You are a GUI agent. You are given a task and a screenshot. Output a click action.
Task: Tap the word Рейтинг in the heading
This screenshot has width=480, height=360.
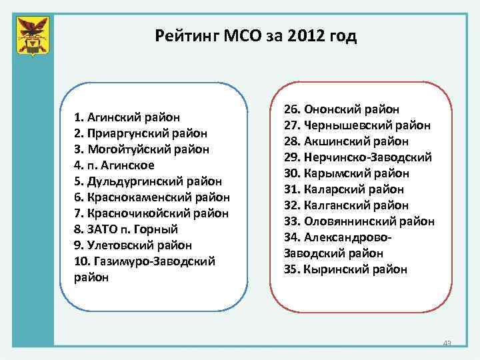(185, 36)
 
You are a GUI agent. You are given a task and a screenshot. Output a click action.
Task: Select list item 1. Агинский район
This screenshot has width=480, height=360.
(127, 117)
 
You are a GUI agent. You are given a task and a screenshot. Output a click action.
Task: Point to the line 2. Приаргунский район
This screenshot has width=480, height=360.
(141, 133)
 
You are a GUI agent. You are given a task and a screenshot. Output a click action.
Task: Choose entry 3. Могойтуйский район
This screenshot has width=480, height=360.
(142, 149)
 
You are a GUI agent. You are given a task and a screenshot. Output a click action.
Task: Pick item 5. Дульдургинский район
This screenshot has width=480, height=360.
(148, 181)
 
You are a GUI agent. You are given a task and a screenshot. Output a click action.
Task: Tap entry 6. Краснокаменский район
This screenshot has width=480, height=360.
(152, 197)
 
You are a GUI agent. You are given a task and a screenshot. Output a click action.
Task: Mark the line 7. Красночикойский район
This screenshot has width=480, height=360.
(153, 213)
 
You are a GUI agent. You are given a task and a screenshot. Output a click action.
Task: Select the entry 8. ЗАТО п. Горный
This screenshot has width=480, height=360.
(126, 229)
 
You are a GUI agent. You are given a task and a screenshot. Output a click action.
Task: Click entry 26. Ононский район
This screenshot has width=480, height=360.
(341, 109)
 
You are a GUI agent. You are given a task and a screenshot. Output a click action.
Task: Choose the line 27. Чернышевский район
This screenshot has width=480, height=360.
(357, 125)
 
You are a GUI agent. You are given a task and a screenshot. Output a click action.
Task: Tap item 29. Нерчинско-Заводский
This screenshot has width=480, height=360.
(358, 157)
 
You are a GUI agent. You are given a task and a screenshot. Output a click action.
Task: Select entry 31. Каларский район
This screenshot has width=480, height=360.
(344, 189)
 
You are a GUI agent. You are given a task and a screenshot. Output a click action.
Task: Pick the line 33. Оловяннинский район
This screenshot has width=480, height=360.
(359, 221)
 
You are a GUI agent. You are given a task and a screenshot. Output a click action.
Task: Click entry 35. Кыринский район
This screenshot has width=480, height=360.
(345, 269)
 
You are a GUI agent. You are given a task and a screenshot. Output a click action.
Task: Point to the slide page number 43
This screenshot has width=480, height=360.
(447, 343)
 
